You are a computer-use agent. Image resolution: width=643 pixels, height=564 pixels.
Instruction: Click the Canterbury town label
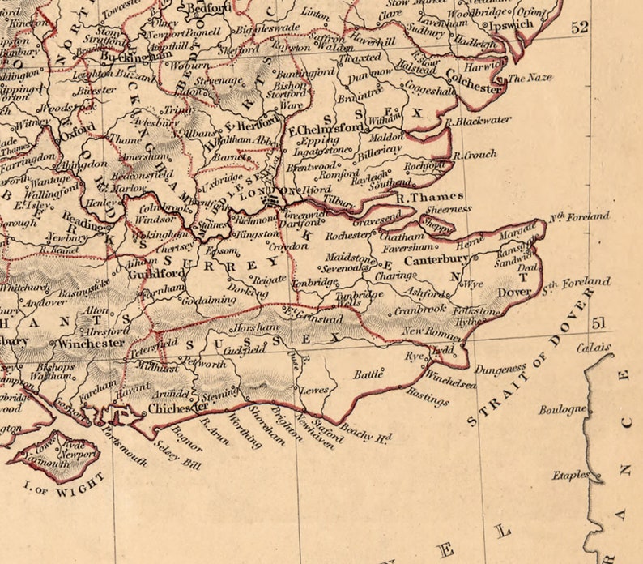436,260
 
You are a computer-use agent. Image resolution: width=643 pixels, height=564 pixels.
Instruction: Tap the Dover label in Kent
513,293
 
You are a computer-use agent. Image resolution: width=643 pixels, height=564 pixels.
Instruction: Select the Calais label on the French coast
594,348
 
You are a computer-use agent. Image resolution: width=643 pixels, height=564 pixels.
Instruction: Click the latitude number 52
579,28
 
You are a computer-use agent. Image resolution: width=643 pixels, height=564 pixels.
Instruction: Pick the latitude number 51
599,323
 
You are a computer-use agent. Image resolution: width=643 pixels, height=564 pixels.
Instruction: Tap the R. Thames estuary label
429,196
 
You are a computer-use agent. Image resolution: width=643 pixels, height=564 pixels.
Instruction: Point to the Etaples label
571,475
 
